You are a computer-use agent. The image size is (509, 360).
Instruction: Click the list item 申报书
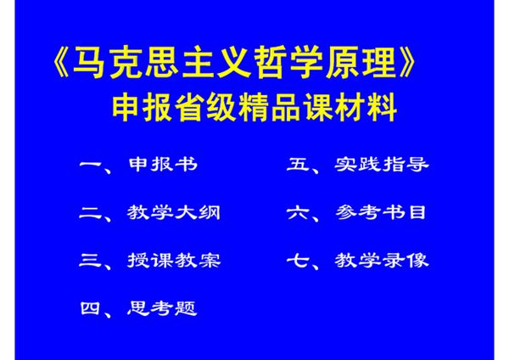click(162, 164)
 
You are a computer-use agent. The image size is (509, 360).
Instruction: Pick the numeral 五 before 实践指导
click(299, 164)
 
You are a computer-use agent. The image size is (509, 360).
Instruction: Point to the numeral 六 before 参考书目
click(299, 212)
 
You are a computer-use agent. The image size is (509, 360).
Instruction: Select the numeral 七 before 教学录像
click(299, 260)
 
